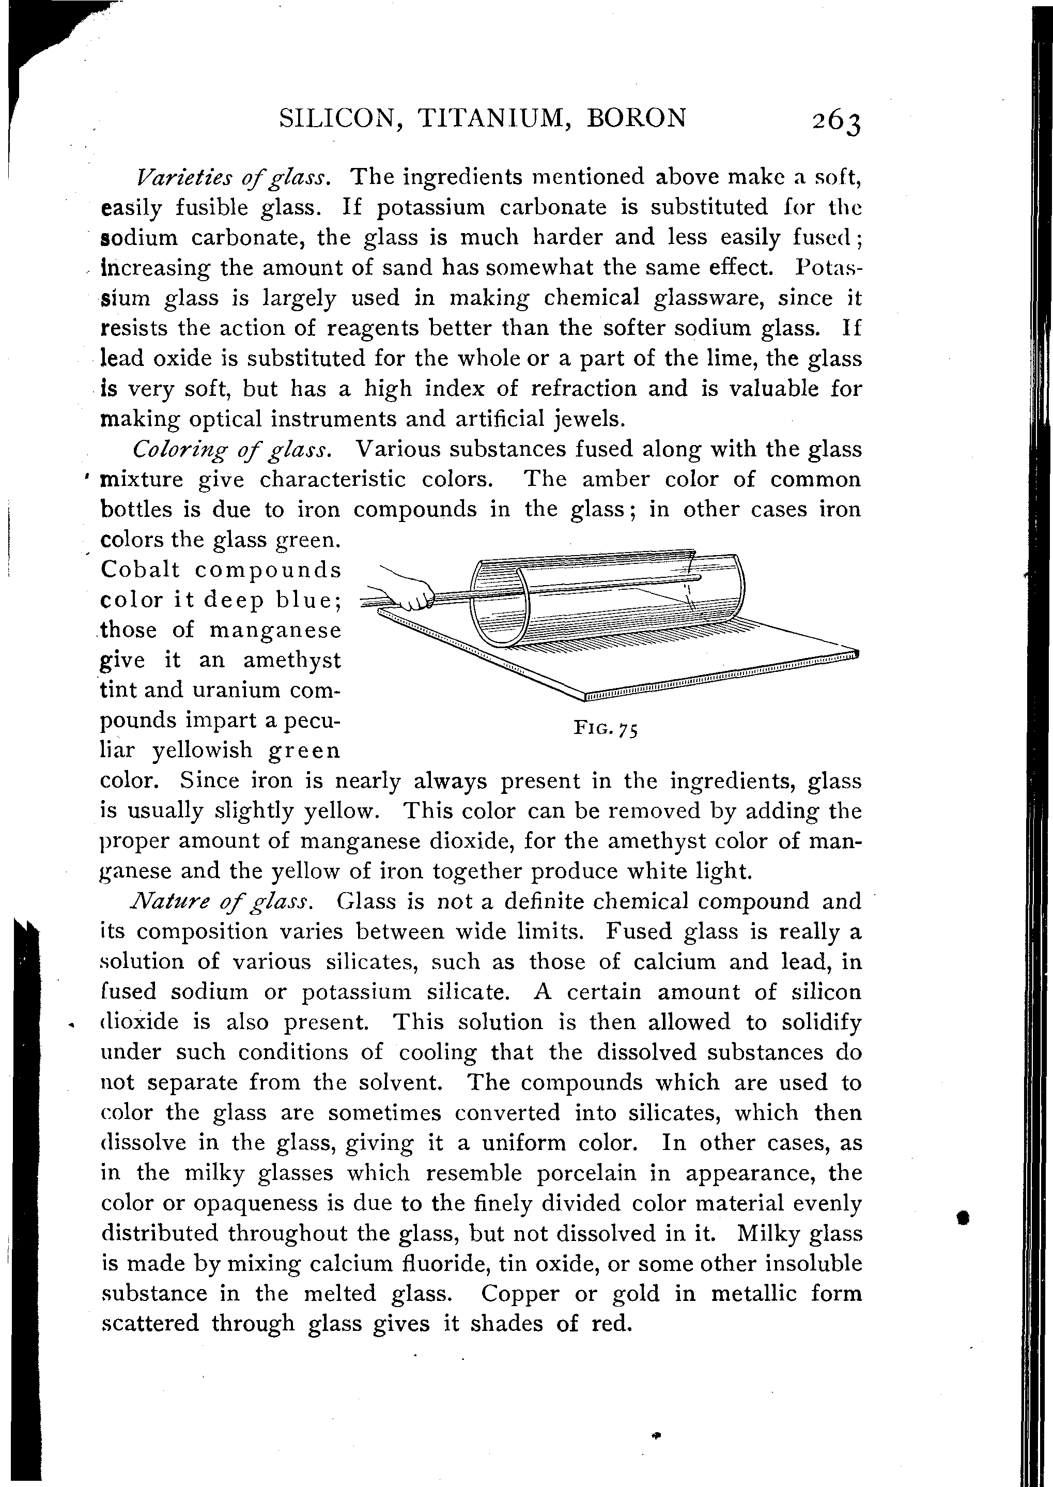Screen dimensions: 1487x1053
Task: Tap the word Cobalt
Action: [141, 570]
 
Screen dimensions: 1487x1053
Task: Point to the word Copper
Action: [519, 1294]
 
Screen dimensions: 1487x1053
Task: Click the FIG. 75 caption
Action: [606, 729]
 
